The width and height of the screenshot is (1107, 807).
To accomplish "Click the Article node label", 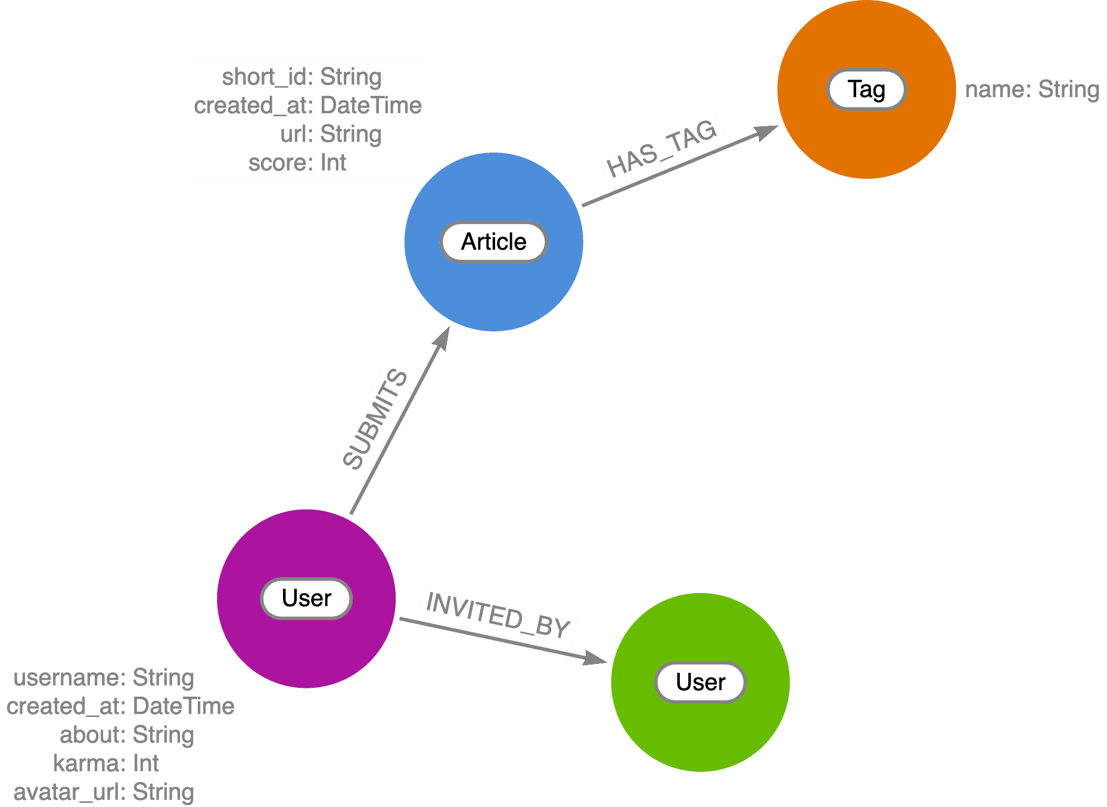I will pos(493,242).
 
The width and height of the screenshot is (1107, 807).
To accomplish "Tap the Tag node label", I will pos(866,90).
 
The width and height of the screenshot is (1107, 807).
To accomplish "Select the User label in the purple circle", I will pos(306,598).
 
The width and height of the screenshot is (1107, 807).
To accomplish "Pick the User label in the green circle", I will pos(700,682).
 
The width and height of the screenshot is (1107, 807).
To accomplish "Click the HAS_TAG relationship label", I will pos(661,148).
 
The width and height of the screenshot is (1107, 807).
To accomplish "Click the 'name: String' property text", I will pos(1032,89).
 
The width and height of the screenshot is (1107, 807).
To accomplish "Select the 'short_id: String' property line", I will pos(301,77).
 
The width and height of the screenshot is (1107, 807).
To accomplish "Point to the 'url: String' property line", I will pos(331,134).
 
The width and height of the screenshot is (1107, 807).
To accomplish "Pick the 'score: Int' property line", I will pos(297,163).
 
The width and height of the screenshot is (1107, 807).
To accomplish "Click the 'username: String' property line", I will pos(104,678).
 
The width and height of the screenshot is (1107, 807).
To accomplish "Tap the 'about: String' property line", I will pos(126,735).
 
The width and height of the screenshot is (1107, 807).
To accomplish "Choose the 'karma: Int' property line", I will pos(106,763).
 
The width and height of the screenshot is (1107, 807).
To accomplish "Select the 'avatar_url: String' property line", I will pos(104,792).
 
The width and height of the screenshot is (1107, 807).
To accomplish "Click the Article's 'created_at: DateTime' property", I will pos(307,105).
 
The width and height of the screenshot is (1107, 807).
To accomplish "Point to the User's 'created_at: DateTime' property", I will pos(120,706).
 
